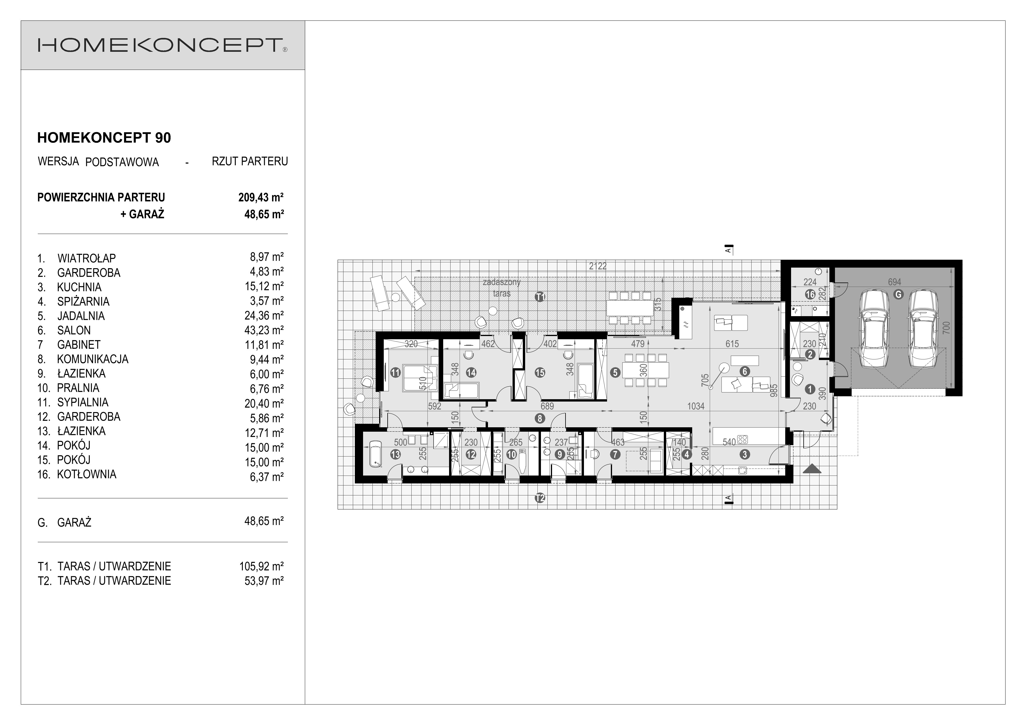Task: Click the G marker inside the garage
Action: click(x=898, y=295)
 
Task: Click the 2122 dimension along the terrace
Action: click(x=597, y=266)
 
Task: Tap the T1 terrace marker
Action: click(x=540, y=297)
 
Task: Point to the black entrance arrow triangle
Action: click(x=812, y=469)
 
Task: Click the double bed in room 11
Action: click(x=420, y=378)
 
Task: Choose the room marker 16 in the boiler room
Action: click(x=810, y=295)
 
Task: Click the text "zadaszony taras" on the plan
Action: click(x=501, y=288)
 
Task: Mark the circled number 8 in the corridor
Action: click(x=540, y=419)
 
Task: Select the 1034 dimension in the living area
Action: click(x=696, y=406)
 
